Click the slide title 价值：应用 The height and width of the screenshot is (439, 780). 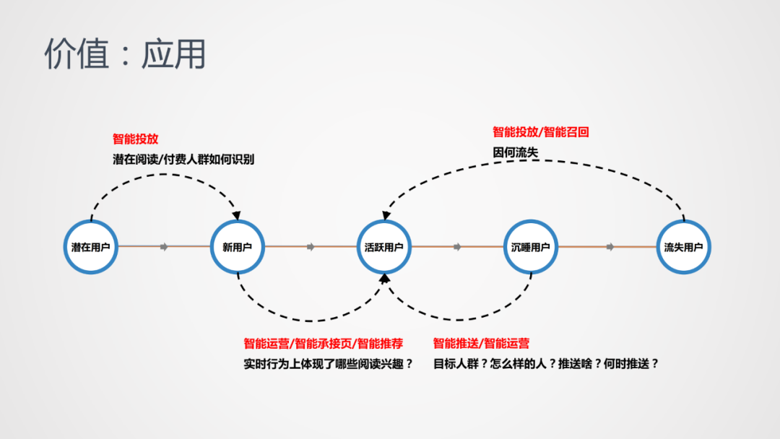point(125,54)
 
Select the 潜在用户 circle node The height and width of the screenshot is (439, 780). point(91,247)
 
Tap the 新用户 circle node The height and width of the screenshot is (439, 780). point(238,247)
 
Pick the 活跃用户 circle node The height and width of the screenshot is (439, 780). point(384,247)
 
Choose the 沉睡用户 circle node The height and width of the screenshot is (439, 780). point(531,247)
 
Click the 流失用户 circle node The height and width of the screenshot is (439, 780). point(683,247)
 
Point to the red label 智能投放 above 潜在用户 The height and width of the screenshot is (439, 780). point(135,139)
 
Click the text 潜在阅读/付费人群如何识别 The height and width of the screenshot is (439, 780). point(183,159)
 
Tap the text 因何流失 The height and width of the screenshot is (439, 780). point(516,152)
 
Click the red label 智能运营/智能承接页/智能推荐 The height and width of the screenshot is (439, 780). point(324,344)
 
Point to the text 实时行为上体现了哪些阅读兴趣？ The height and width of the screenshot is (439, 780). point(329,364)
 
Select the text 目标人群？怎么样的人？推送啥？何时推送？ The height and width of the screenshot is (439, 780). point(546,364)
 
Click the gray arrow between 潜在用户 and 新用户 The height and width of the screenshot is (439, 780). point(164,247)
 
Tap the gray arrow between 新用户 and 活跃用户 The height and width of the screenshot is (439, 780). point(311,247)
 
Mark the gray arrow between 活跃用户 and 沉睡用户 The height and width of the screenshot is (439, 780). point(457,247)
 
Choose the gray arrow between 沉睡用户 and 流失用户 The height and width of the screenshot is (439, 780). point(610,247)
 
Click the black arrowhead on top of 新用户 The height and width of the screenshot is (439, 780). point(237,215)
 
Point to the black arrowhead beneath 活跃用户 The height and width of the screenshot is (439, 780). point(384,278)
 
